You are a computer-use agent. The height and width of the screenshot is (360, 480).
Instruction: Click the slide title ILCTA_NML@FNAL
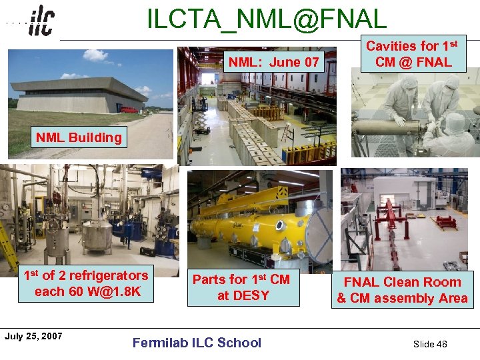coord(266,19)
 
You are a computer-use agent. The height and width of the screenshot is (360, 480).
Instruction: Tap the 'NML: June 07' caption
coord(274,63)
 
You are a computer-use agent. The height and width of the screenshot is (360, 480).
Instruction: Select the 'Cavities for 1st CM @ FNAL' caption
coord(411,54)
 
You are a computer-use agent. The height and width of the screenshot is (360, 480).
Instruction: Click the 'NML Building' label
coord(79,138)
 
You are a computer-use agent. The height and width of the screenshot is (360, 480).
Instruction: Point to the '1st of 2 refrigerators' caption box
coord(85,283)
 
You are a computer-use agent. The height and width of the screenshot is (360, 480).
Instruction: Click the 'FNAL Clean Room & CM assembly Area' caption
coord(402,290)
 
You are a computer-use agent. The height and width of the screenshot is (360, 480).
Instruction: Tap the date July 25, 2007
coord(33,336)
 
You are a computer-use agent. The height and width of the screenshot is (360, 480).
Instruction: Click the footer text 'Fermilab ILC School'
coord(197,343)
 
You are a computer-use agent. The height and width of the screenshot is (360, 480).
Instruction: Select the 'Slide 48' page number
coord(430,344)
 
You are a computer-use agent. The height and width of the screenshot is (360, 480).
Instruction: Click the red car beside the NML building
coord(129,109)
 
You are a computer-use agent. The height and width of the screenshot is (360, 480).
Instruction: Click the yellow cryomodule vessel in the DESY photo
coord(253,223)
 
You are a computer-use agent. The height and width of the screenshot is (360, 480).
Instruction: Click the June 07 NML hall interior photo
coord(260,120)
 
